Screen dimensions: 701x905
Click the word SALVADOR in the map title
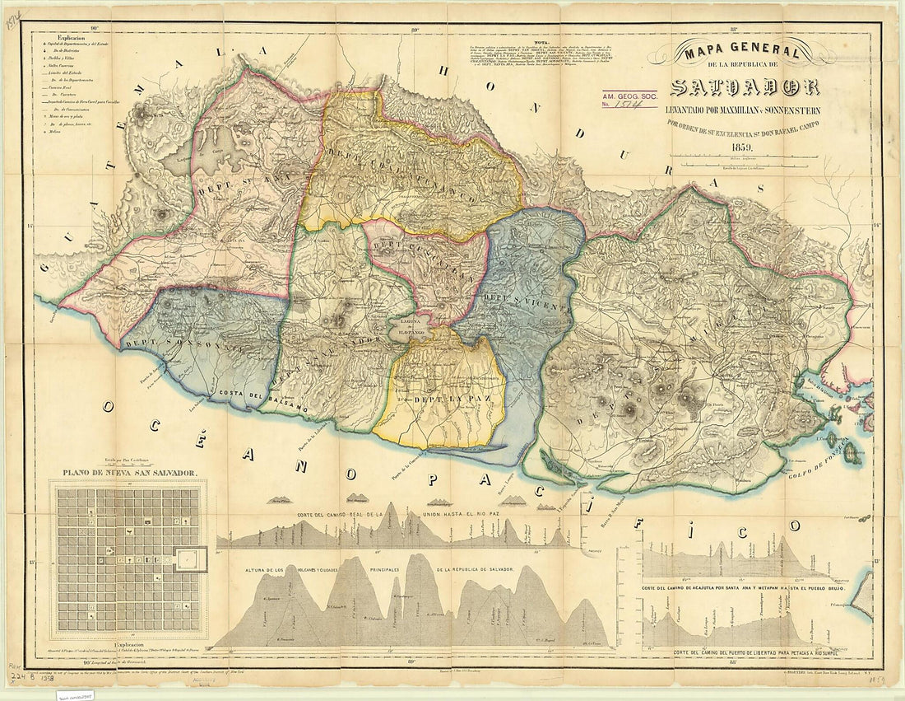click(745, 86)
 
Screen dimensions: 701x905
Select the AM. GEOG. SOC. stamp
click(629, 100)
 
